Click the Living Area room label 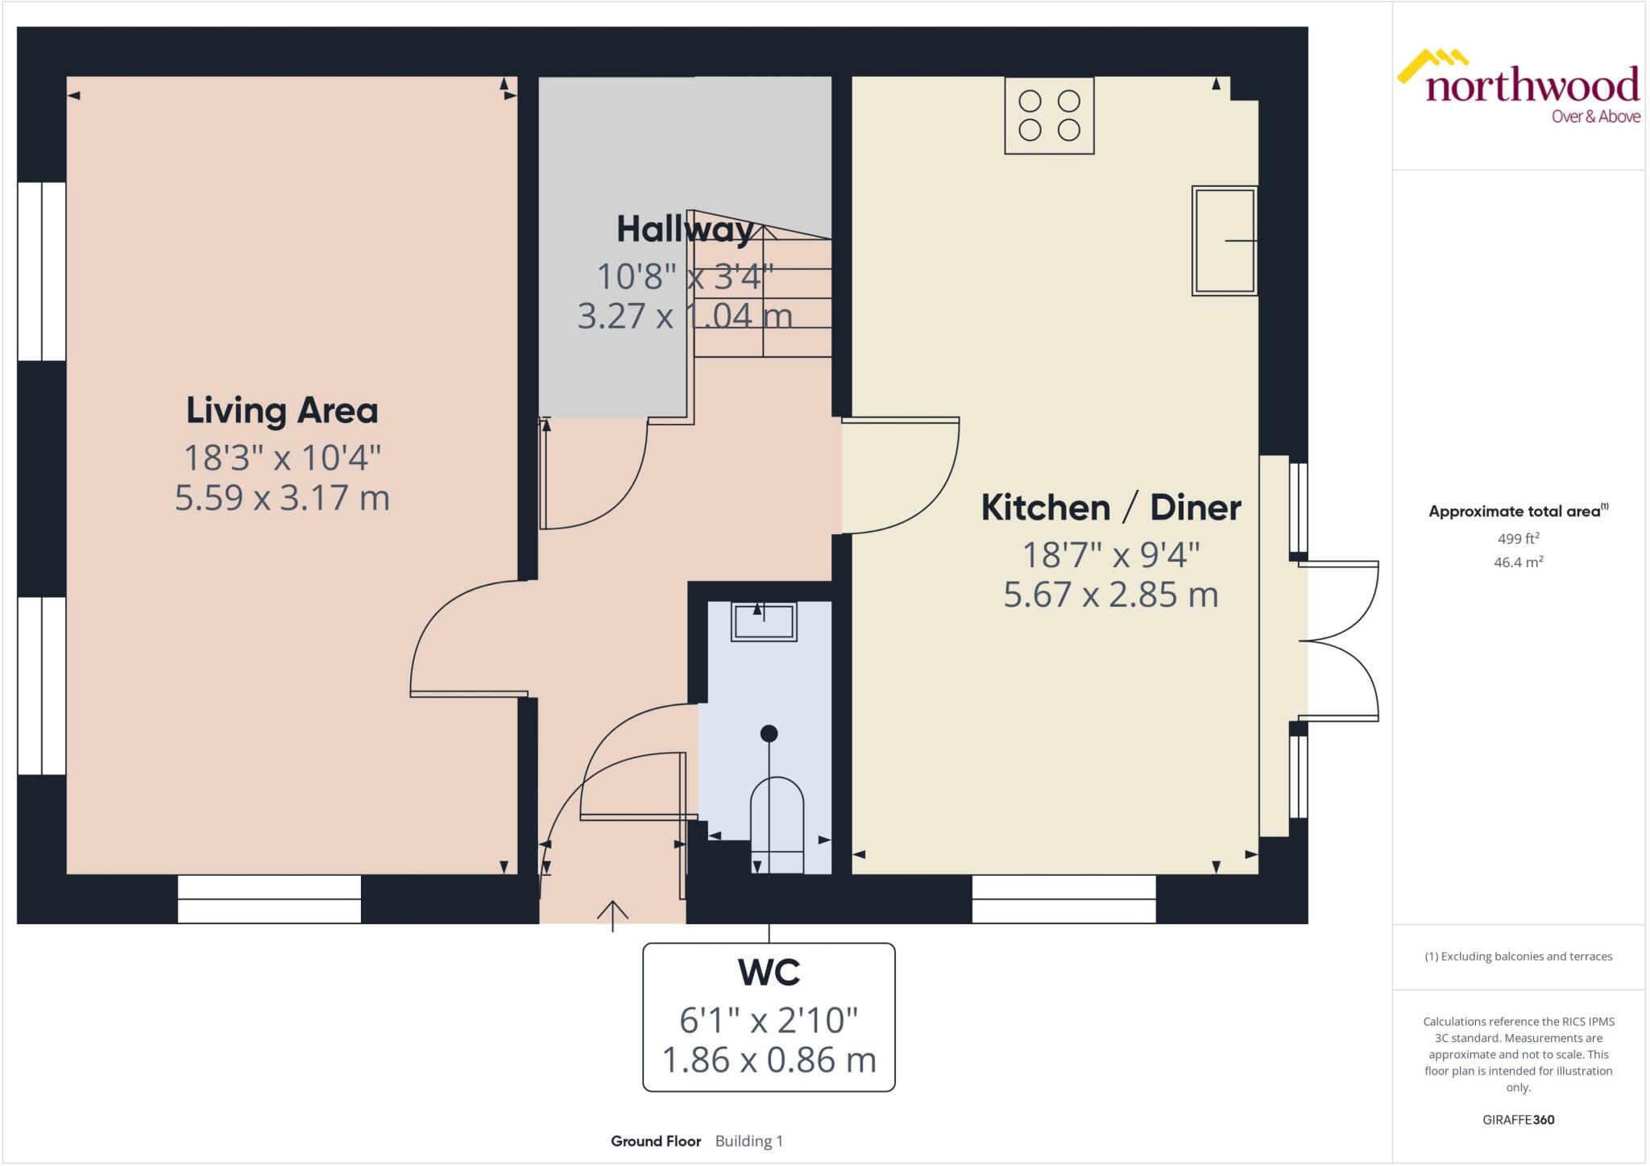click(282, 411)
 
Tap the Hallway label click(685, 230)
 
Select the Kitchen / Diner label click(1111, 508)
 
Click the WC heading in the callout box click(769, 973)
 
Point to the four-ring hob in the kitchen click(1049, 115)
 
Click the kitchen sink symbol click(1224, 240)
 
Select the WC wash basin click(763, 622)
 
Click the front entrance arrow click(612, 915)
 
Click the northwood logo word click(1532, 85)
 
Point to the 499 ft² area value click(1518, 538)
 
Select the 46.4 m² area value click(1518, 562)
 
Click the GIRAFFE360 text click(1518, 1119)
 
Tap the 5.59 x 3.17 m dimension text click(282, 497)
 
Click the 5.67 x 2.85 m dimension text click(1111, 595)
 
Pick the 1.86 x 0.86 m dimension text click(769, 1060)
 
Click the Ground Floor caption click(655, 1141)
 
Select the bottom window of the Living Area click(269, 898)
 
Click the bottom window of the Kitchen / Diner click(1063, 898)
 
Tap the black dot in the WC click(769, 733)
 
